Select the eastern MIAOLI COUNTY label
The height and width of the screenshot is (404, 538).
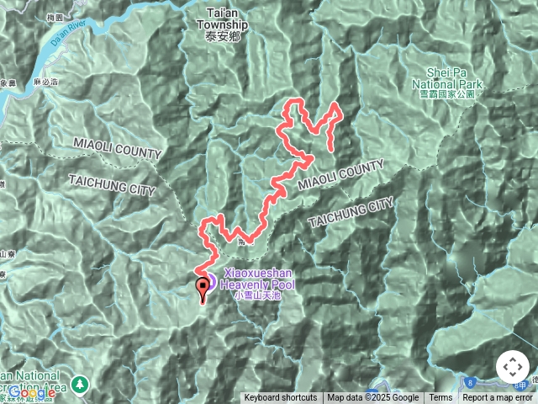tap(340, 175)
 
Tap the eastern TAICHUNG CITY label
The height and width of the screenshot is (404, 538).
tap(351, 213)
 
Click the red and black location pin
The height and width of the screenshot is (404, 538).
tap(203, 290)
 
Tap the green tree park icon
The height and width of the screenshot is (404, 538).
tap(80, 383)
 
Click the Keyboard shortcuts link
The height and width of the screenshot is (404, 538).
tap(281, 398)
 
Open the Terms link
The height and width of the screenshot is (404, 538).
tap(440, 398)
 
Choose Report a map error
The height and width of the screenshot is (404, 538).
tap(498, 398)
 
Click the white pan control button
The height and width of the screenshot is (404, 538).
tap(513, 368)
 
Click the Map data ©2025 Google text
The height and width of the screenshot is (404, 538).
tap(373, 398)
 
